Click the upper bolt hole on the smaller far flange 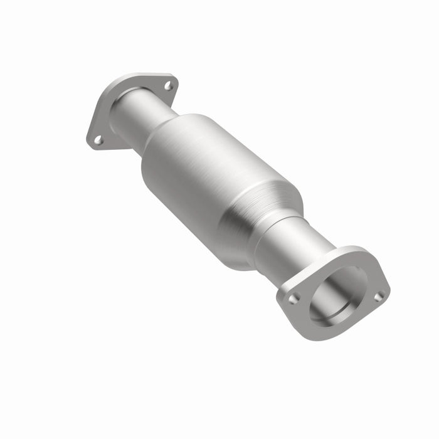click(x=168, y=86)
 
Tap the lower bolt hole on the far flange click(x=98, y=140)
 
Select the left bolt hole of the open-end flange click(x=293, y=299)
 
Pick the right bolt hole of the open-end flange click(x=379, y=295)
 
